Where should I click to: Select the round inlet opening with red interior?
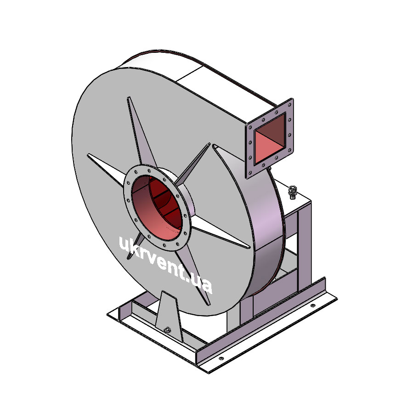157,208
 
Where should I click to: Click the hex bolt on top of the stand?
292,192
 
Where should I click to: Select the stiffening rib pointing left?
107,169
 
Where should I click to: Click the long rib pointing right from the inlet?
220,232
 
